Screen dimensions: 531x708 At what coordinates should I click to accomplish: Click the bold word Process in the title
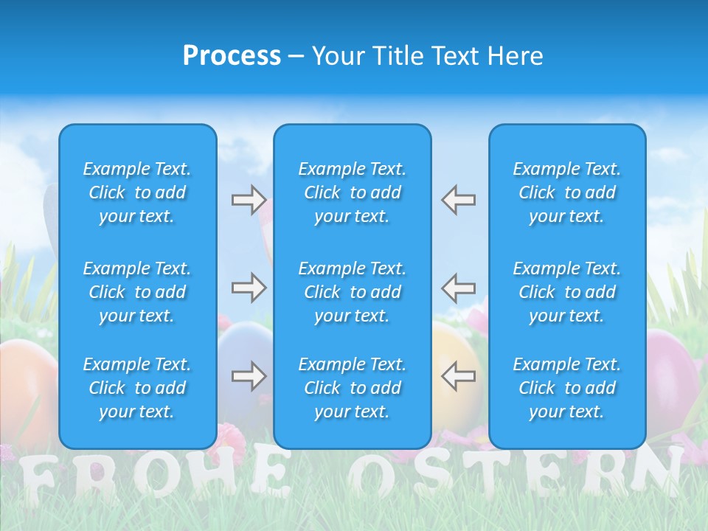point(232,56)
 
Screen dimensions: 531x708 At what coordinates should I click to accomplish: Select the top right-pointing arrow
point(249,200)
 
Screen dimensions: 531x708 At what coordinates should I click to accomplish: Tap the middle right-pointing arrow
point(249,288)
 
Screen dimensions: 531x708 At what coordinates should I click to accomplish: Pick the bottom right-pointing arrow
point(249,376)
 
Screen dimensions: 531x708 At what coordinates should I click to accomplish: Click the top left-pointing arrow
point(459,200)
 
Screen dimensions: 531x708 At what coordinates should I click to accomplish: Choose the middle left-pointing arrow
point(459,288)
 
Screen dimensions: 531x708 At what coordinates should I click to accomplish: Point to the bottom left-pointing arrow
point(459,376)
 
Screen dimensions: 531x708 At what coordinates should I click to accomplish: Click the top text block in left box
point(137,192)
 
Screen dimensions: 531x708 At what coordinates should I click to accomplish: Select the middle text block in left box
point(137,292)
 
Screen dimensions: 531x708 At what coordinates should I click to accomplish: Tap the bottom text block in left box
point(137,388)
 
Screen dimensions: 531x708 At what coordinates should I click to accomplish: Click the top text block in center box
point(352,192)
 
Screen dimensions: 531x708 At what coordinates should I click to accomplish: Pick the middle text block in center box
point(352,292)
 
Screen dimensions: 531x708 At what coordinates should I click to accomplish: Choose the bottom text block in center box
point(352,388)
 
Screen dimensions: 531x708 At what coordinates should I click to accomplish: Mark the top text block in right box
point(567,192)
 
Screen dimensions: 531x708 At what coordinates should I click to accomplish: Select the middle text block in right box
point(567,292)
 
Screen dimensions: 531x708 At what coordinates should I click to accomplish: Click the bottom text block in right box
point(567,388)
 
